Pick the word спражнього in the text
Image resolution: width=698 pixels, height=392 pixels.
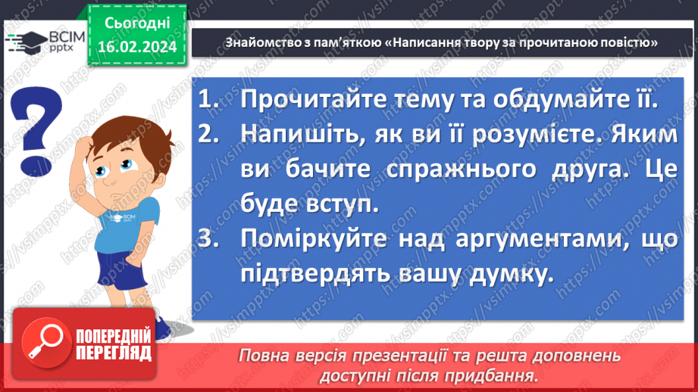coord(436,168)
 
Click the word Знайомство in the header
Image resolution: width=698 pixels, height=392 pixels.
coord(255,42)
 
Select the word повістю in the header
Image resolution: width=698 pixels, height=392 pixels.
coord(621,42)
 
